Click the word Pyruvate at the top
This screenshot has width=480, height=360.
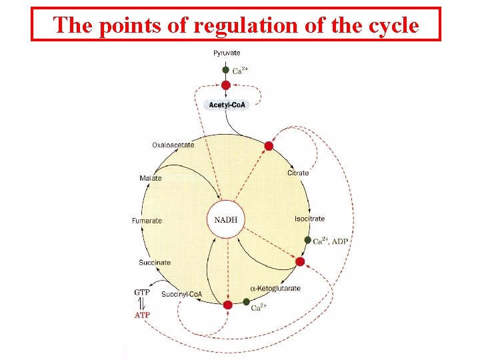coord(227,53)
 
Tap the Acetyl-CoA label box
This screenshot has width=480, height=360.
coord(226,105)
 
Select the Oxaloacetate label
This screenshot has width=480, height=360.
coord(173,145)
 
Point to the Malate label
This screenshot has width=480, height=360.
coord(151,178)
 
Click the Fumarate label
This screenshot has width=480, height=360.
coord(147,221)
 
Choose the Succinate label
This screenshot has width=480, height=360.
coord(155,263)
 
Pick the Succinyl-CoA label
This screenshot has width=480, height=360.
coord(181,294)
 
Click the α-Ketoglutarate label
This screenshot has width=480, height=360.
coord(275,289)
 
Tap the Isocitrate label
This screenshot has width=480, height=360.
coord(309,219)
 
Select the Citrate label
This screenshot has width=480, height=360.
coord(298,173)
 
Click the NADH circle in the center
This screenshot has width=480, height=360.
coord(226,220)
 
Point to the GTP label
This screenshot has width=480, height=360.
coord(142,292)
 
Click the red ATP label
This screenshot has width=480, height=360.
coord(143,315)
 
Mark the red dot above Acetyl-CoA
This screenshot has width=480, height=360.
coord(226,85)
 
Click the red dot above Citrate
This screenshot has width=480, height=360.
coord(269,146)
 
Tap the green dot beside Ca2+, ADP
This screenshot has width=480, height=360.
coord(307,240)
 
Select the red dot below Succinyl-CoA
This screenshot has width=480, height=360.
coord(228,305)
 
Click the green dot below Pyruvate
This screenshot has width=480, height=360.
coord(226,70)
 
